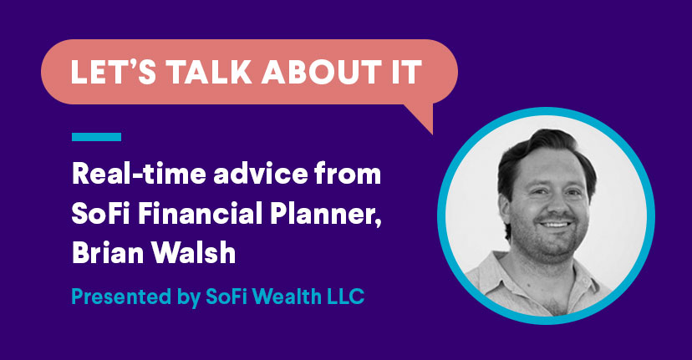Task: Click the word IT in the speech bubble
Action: click(x=406, y=72)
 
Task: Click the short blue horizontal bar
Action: click(x=97, y=137)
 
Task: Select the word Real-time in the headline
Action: click(x=139, y=174)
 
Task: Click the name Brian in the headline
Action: click(x=108, y=253)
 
